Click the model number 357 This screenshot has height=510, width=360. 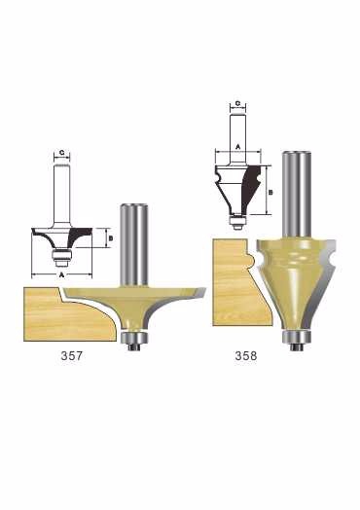(x=72, y=355)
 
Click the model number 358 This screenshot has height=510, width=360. (x=246, y=355)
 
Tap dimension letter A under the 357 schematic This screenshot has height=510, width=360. (x=62, y=274)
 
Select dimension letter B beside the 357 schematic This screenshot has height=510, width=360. (x=111, y=238)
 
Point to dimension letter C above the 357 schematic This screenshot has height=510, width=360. (x=62, y=152)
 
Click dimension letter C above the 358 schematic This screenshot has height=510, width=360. (x=237, y=103)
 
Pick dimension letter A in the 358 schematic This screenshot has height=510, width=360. (x=237, y=147)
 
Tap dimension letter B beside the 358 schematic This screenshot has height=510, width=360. (x=270, y=193)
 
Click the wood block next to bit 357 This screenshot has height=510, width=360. (x=65, y=317)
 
